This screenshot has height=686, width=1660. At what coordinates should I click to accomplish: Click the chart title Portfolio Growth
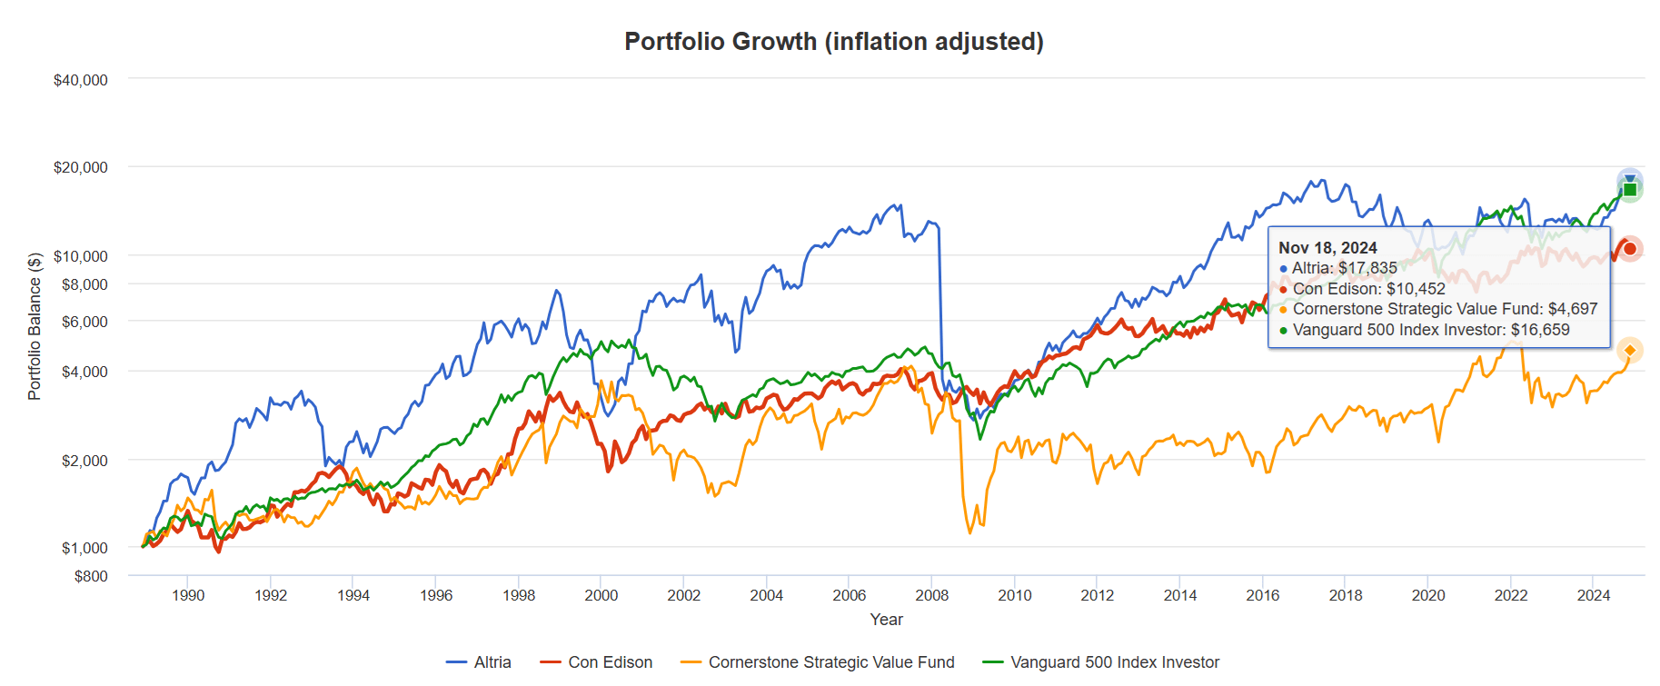pos(833,42)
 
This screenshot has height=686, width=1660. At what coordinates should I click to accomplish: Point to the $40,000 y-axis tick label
pos(80,80)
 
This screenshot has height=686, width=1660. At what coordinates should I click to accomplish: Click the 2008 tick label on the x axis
pos(931,595)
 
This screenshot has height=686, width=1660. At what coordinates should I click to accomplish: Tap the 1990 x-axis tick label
pos(188,595)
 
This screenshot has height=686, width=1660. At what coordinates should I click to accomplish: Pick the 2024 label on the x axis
pos(1593,595)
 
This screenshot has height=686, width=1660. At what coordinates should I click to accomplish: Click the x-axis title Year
pos(886,619)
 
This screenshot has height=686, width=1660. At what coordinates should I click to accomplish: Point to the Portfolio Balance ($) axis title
pos(35,326)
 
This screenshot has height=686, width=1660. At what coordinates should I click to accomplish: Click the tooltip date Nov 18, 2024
pos(1327,248)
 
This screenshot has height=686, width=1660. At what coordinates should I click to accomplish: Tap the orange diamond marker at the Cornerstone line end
pos(1629,350)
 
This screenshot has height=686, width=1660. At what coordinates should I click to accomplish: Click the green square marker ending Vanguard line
pos(1630,190)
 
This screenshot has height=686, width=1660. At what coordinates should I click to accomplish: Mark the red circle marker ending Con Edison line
pos(1630,248)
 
